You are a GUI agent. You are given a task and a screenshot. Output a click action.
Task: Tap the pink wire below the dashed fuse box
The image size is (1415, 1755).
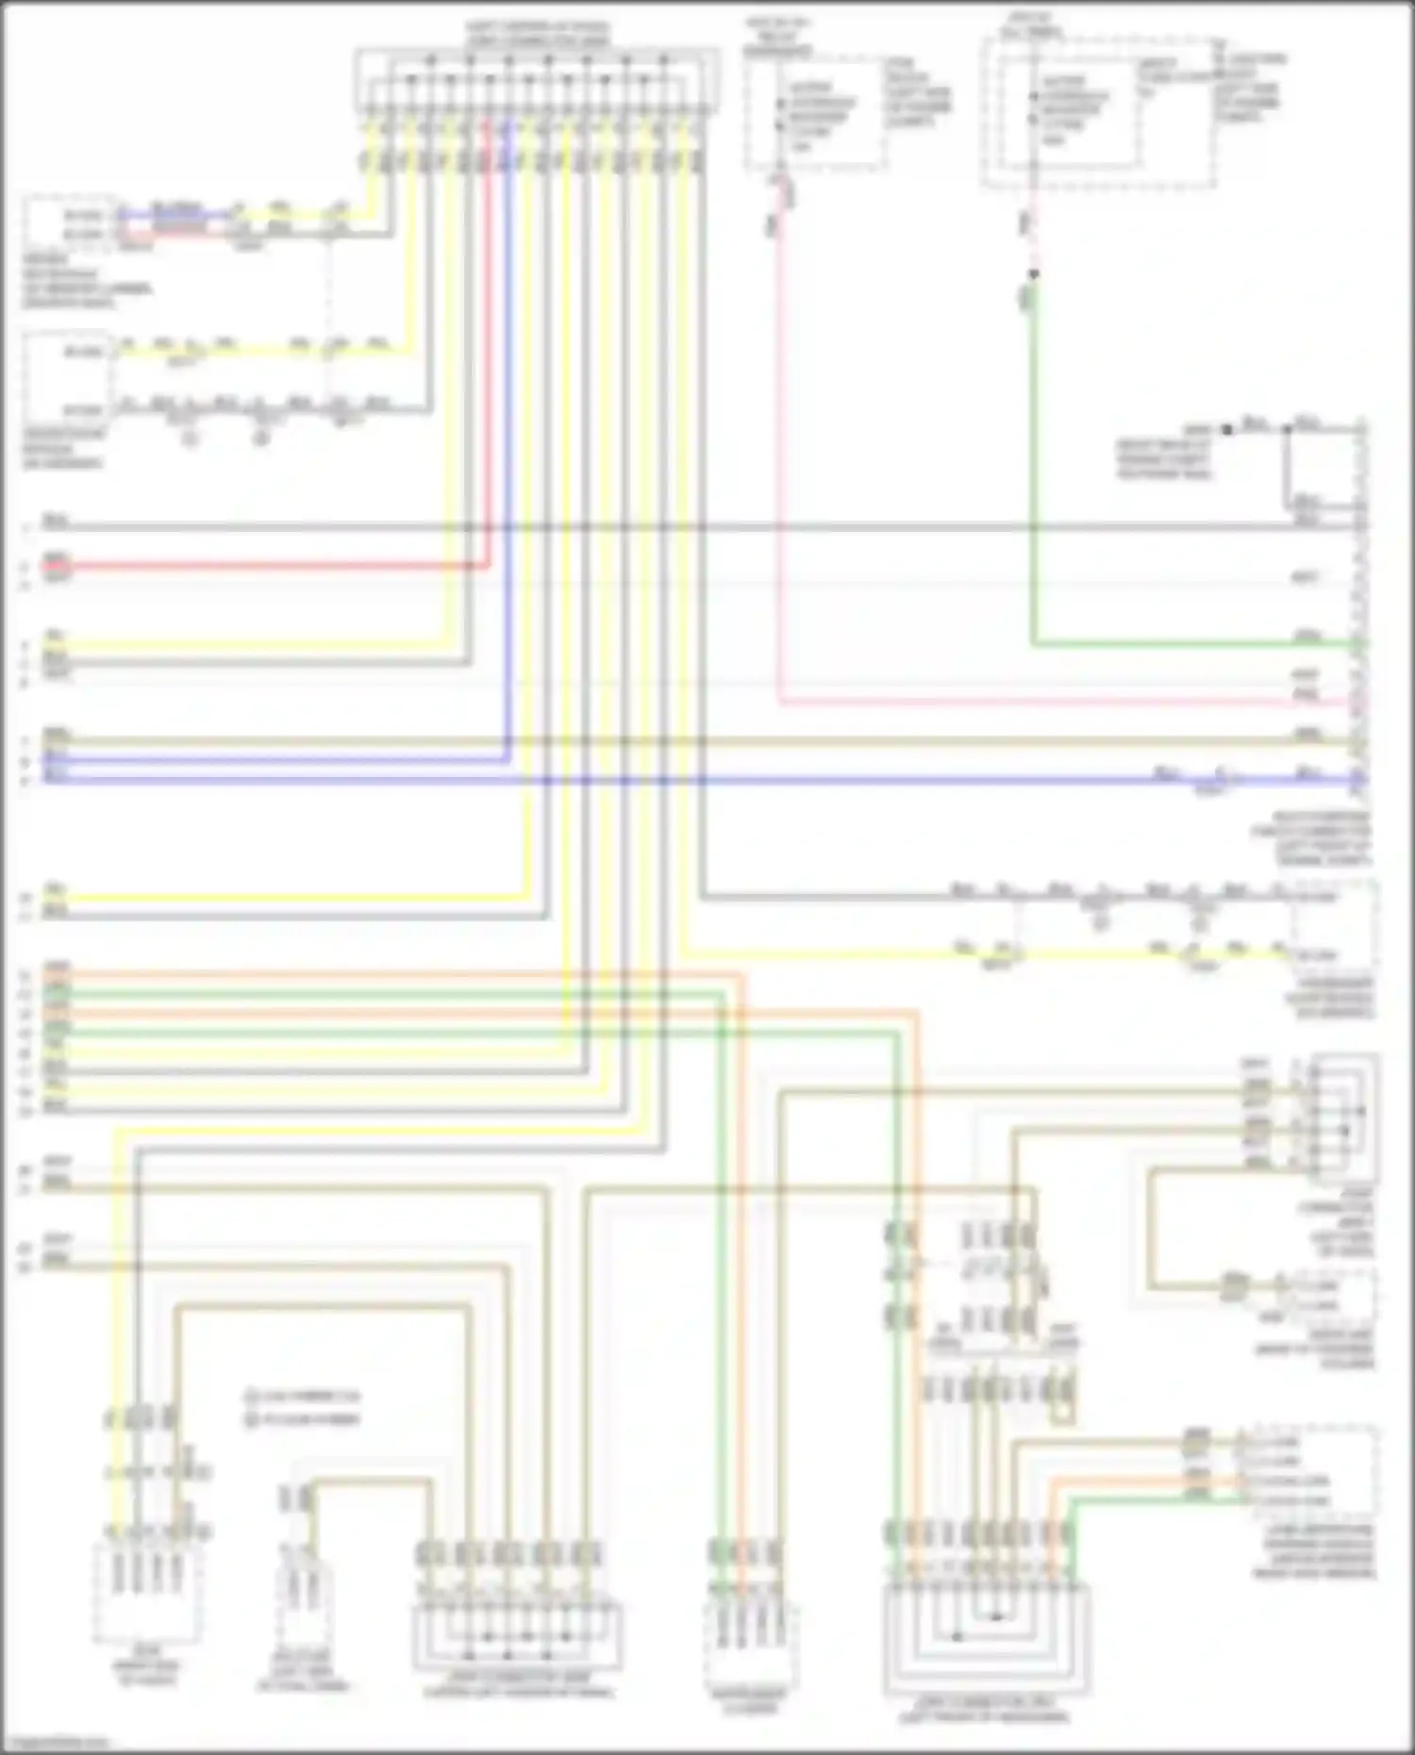click(780, 472)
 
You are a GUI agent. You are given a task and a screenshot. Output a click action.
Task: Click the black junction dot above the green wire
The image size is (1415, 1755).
click(1034, 273)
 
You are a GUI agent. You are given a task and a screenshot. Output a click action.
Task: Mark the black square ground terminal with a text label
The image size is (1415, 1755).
click(1226, 430)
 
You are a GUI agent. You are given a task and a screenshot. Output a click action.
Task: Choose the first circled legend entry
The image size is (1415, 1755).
click(302, 1396)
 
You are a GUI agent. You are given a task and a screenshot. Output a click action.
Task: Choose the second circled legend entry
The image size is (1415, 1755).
click(302, 1419)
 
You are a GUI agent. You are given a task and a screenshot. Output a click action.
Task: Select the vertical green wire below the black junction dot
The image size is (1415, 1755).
click(1034, 472)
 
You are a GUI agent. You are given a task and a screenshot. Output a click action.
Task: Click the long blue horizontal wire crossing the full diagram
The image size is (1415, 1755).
click(660, 781)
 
